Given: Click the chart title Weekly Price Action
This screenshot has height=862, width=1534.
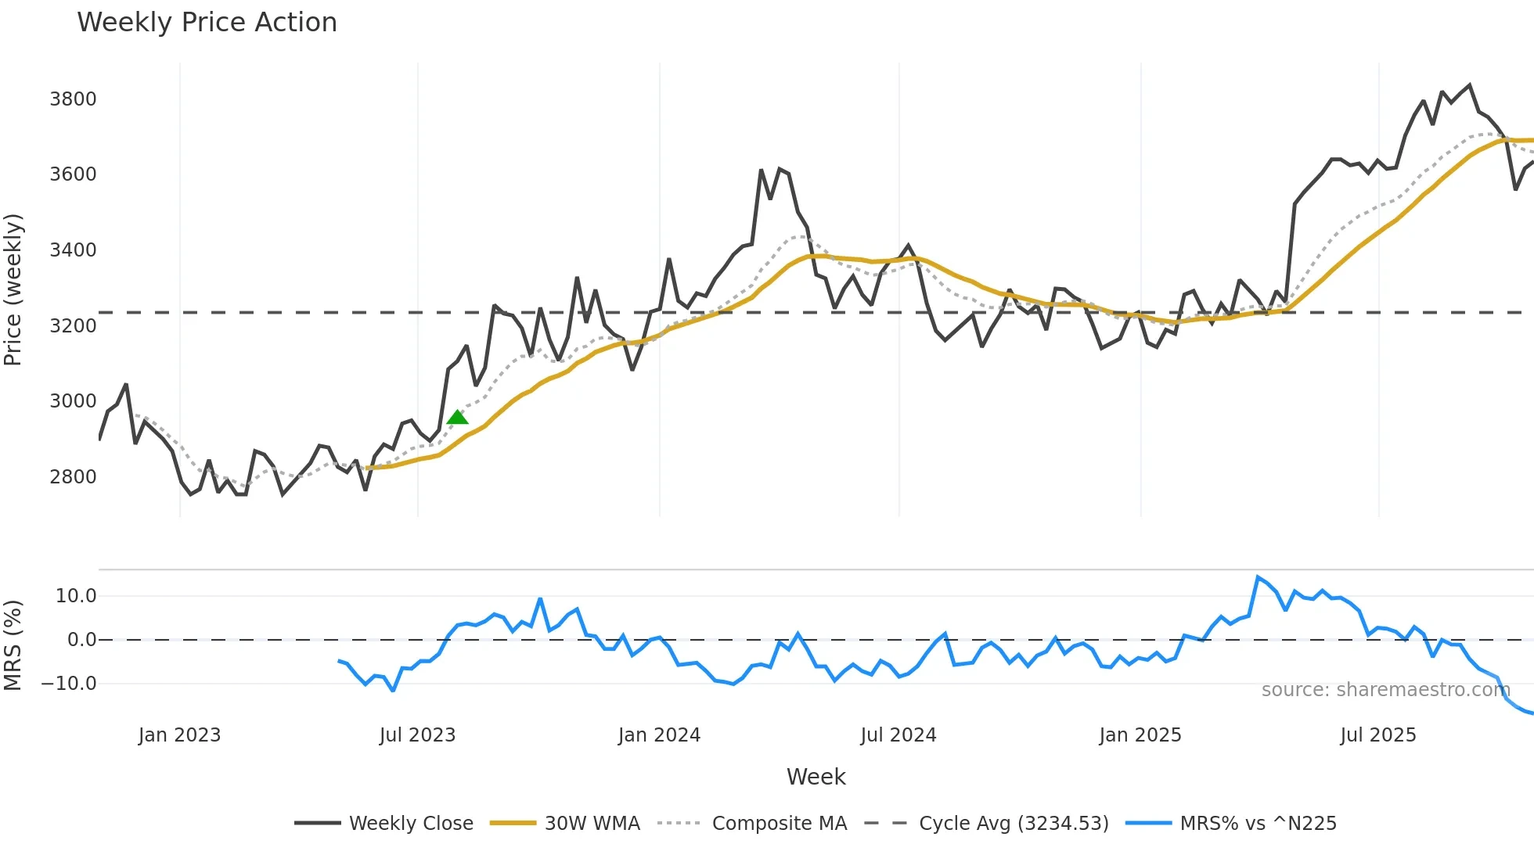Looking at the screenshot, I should pos(207,23).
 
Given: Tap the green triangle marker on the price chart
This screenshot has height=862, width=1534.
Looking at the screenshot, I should pos(457,417).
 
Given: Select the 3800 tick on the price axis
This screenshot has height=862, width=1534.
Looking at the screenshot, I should pos(73,99).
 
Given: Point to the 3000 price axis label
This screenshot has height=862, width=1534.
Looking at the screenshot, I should pos(73,401).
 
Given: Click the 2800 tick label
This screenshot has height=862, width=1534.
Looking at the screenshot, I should pos(73,477).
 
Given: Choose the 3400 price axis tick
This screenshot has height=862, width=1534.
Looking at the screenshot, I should pos(73,250).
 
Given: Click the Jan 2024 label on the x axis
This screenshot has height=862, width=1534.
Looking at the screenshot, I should pos(659,735).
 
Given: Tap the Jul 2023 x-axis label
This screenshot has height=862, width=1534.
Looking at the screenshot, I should pos(417,735).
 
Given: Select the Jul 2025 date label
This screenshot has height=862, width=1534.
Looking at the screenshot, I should pos(1377,735).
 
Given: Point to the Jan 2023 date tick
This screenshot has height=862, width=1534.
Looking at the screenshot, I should pos(179,735).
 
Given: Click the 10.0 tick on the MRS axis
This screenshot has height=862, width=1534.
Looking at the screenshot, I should pos(76,596).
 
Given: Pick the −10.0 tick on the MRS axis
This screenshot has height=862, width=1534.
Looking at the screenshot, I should pos(69,684).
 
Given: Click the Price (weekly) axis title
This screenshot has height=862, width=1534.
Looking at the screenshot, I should pos(13,289).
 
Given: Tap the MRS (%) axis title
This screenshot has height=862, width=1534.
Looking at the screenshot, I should pos(13,645).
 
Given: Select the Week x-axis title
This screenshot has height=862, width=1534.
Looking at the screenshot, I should pos(816,777).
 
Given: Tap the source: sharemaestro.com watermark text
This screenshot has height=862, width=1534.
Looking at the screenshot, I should pos(1385,690).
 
